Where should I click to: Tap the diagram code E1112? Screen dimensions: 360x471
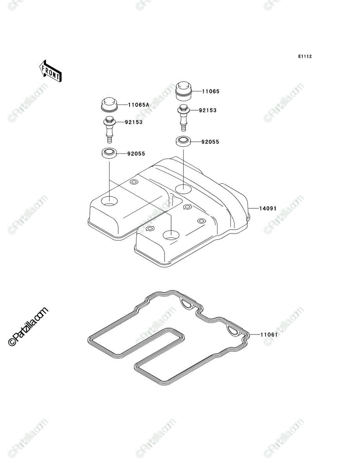click(x=305, y=57)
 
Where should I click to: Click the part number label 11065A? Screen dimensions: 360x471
click(x=139, y=105)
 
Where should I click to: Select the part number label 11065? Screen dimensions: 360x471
click(x=211, y=91)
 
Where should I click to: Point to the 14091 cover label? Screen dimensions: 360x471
click(x=268, y=208)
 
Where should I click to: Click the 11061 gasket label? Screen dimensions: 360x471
click(x=269, y=334)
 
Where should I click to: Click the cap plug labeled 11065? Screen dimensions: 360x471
click(x=183, y=91)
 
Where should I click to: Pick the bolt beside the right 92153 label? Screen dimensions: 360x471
click(x=183, y=118)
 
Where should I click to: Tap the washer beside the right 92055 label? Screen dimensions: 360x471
click(x=183, y=142)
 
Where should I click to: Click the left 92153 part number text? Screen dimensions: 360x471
click(x=133, y=122)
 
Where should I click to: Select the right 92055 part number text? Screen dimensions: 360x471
click(x=210, y=142)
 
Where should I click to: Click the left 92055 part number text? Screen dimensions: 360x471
click(x=136, y=154)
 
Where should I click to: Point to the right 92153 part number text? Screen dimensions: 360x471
click(x=208, y=110)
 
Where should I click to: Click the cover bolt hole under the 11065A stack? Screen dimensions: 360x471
click(x=110, y=201)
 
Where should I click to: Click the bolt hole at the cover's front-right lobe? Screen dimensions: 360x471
click(x=171, y=235)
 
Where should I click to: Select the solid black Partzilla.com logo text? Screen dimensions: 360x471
click(x=28, y=327)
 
